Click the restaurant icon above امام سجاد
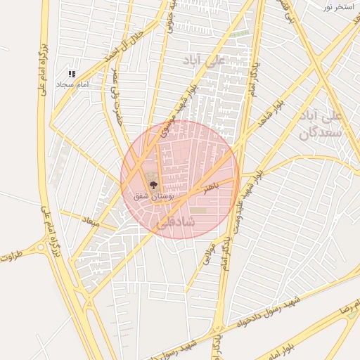click(72, 73)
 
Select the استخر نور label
click(337, 6)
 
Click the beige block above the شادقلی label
click(199, 210)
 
